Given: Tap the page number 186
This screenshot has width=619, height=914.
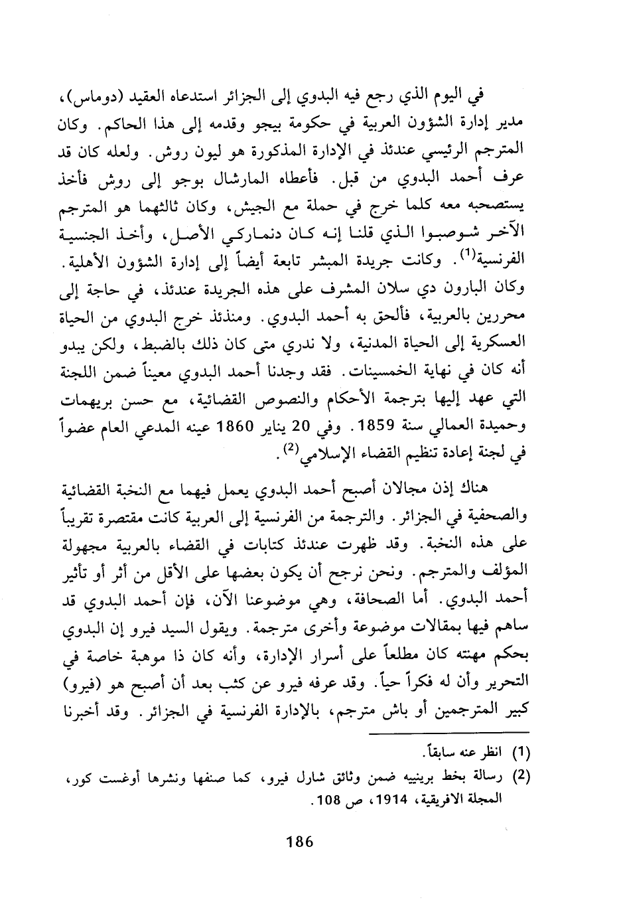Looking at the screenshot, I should click(x=299, y=842).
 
